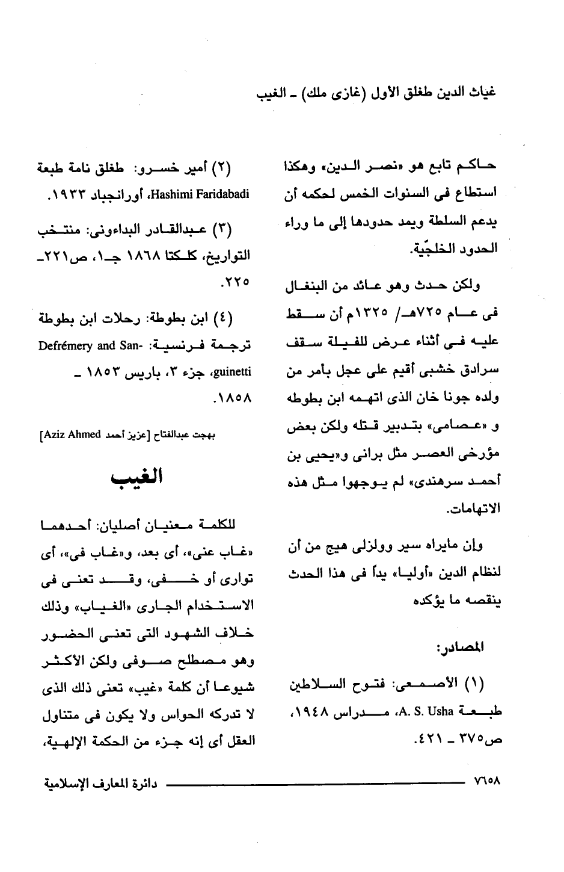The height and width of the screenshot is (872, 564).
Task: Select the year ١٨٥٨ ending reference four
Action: [231, 398]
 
